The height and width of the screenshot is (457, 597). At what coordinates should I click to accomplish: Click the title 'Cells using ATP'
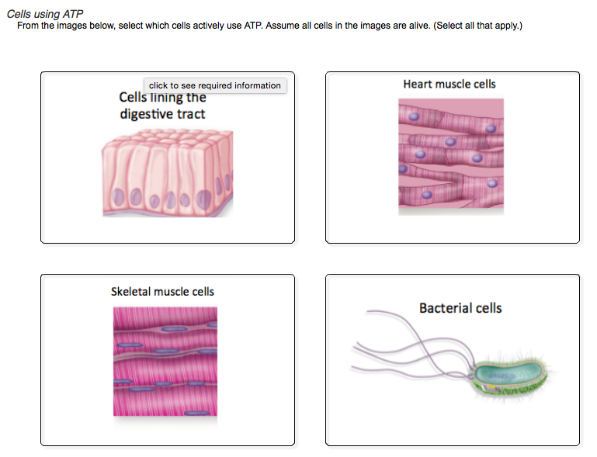click(x=45, y=15)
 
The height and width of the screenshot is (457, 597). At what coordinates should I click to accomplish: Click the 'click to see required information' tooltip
click(x=215, y=85)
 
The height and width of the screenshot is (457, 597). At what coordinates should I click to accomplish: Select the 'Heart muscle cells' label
click(x=449, y=84)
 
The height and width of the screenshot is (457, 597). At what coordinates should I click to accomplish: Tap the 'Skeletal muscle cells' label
click(x=162, y=292)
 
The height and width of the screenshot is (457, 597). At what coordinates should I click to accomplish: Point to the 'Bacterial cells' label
click(x=460, y=308)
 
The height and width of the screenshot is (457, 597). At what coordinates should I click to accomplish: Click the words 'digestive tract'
click(x=163, y=114)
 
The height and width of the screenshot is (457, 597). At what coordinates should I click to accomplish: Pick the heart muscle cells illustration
click(x=451, y=155)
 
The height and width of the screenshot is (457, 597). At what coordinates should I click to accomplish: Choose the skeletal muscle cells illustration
click(x=165, y=362)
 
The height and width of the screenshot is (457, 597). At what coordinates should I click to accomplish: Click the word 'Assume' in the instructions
click(x=284, y=26)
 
